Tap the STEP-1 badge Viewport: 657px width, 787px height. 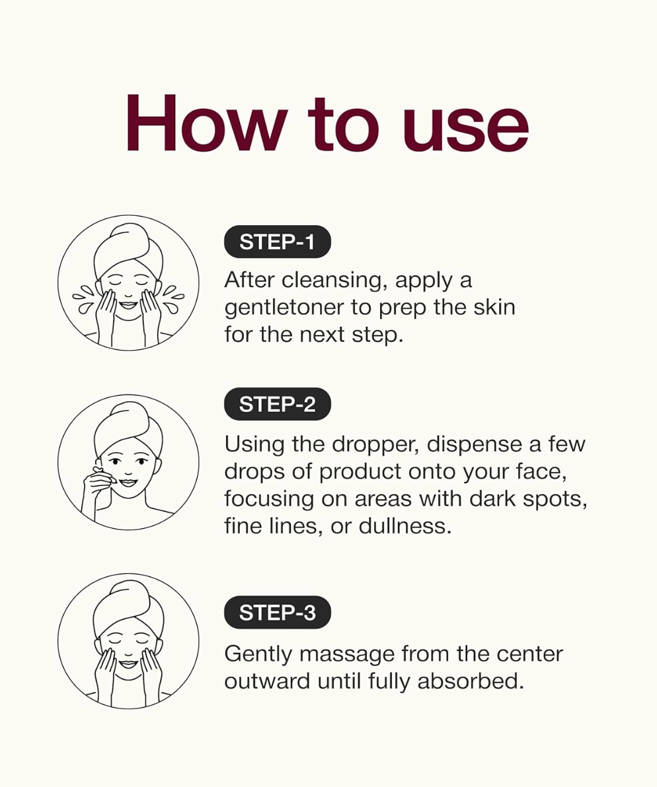click(x=277, y=242)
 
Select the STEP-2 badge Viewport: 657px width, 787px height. click(x=277, y=404)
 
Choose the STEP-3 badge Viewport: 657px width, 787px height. click(x=277, y=612)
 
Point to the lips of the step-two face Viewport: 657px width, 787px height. click(x=129, y=483)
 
